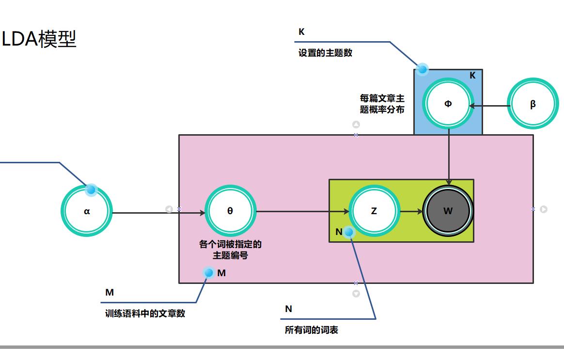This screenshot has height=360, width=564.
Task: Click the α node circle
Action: (87, 211)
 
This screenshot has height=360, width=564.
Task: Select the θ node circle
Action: (230, 211)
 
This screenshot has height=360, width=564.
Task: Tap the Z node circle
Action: (374, 211)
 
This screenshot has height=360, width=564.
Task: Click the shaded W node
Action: (448, 211)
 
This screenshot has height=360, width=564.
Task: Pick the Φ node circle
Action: (448, 104)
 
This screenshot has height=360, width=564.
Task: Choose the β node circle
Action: (533, 104)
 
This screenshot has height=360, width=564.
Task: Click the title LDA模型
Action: (39, 39)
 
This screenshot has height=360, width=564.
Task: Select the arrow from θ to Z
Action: (300, 212)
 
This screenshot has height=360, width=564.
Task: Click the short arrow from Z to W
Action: (411, 212)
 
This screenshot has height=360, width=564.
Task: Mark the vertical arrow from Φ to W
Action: (449, 155)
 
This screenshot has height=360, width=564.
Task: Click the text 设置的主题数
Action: (325, 53)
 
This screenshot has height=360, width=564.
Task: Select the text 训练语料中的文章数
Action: (145, 313)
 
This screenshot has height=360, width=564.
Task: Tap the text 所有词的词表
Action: (312, 330)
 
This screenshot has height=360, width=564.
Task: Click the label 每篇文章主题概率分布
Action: (382, 104)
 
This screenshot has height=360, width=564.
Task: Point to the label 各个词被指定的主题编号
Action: (230, 250)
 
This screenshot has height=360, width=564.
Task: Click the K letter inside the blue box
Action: (472, 76)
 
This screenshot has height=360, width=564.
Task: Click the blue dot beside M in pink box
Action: (209, 273)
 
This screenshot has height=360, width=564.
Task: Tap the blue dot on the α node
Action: (91, 189)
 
